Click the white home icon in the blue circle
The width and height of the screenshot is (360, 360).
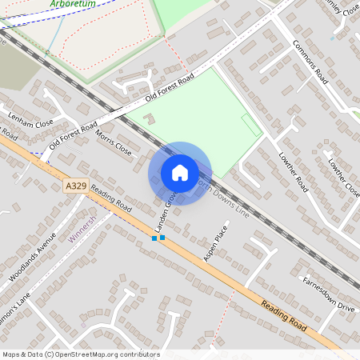[180, 172]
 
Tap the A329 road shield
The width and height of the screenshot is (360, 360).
[75, 186]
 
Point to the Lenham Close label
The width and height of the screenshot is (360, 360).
[30, 122]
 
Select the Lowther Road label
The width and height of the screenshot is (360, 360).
[294, 171]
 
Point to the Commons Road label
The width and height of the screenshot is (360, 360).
[310, 62]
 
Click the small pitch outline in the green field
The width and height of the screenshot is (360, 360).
[250, 126]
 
